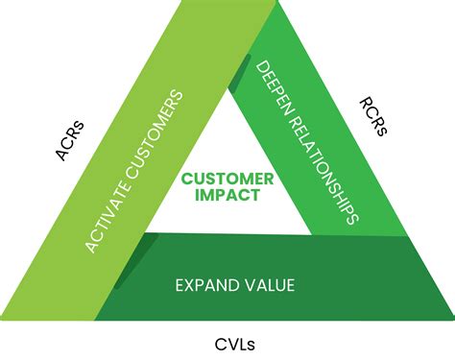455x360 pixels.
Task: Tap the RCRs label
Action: click(x=373, y=115)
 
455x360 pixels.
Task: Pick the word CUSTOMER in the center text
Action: click(x=228, y=179)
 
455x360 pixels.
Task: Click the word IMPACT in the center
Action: click(x=228, y=195)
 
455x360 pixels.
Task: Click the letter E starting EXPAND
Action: click(x=179, y=284)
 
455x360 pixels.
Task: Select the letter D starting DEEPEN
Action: click(x=262, y=67)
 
